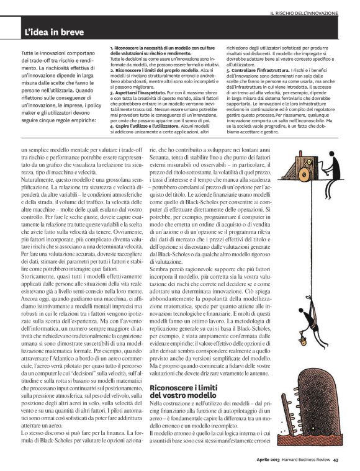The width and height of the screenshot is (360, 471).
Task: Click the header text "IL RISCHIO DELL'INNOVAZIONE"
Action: coord(304,12)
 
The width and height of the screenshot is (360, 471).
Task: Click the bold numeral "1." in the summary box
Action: coord(111,48)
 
